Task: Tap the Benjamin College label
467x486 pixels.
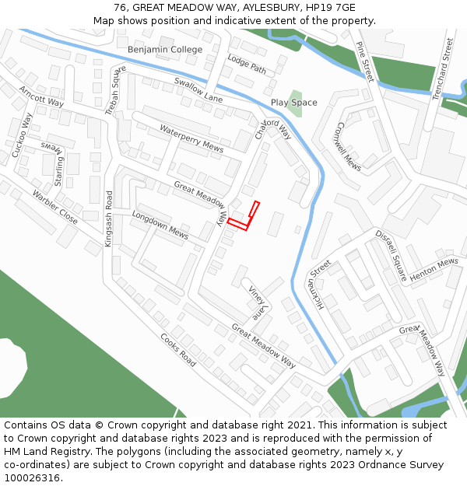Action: [x=165, y=50]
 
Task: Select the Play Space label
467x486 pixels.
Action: [x=293, y=103]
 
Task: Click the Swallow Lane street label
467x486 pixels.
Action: [x=198, y=89]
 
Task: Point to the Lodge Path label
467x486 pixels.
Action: [x=247, y=64]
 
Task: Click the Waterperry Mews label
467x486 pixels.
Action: [x=191, y=138]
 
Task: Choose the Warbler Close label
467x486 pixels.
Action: [x=54, y=207]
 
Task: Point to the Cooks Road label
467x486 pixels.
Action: [x=178, y=350]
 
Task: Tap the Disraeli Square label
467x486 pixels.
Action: [x=391, y=255]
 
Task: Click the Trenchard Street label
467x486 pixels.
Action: [x=442, y=69]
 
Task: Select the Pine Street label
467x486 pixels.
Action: [x=363, y=61]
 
